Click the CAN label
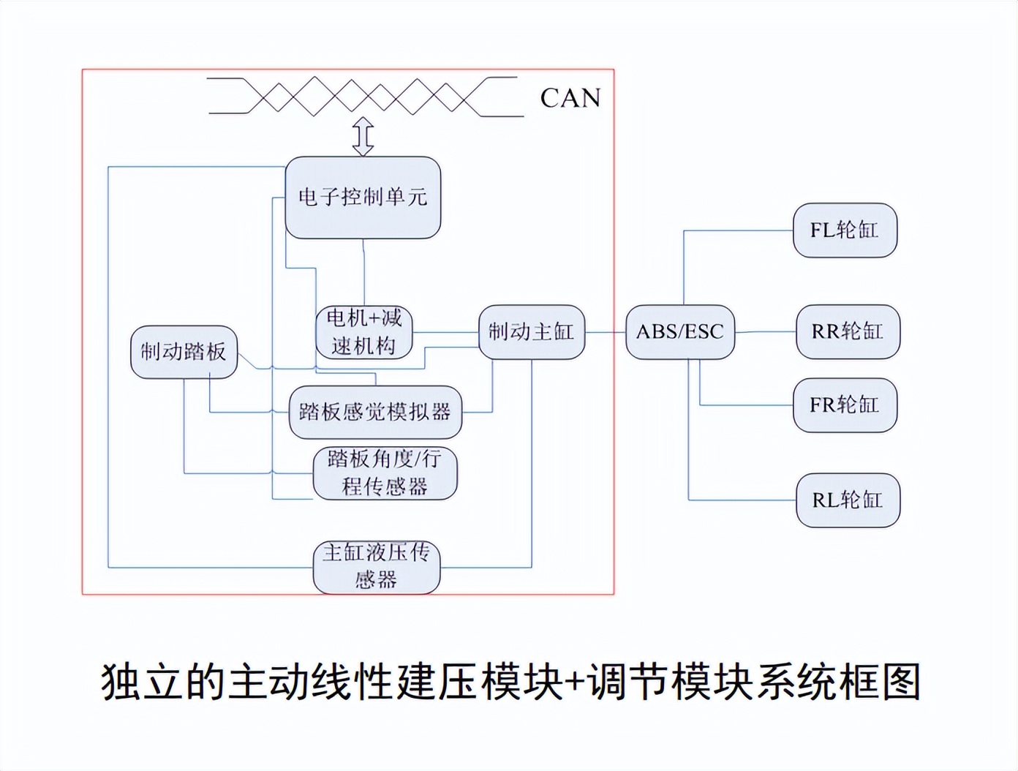pos(570,98)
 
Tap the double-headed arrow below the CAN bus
pos(363,137)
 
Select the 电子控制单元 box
pos(363,198)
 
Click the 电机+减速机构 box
pos(363,332)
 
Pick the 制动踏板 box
pos(184,352)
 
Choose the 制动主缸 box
pos(532,332)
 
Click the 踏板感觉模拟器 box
pos(375,412)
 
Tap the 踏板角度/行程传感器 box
pos(385,473)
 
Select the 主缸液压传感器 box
pos(377,567)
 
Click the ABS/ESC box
pos(679,332)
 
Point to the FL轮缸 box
pos(845,230)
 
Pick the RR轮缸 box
pos(847,331)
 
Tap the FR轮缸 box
pos(845,405)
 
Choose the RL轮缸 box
pos(847,500)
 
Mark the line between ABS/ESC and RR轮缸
pos(765,332)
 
